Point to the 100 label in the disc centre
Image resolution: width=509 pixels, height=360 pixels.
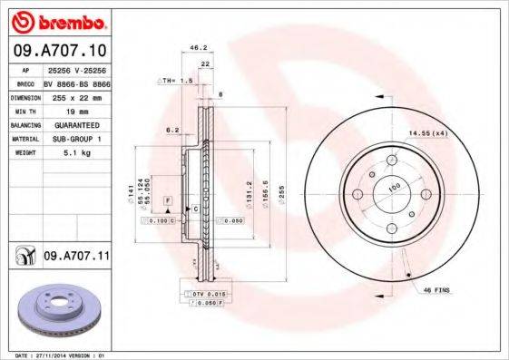[x=394, y=187]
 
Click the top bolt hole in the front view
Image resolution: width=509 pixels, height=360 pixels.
[x=394, y=158]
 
